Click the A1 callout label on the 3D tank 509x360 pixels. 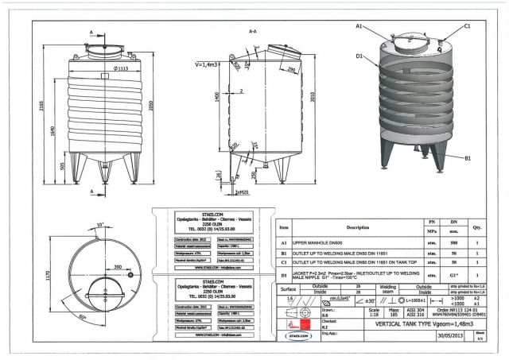click(x=359, y=26)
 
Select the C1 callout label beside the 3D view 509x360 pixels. click(x=467, y=26)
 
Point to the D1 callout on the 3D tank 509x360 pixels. click(x=359, y=56)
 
